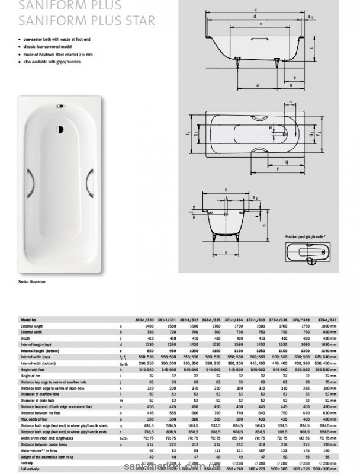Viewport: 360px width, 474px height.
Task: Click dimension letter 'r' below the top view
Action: (x=276, y=168)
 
